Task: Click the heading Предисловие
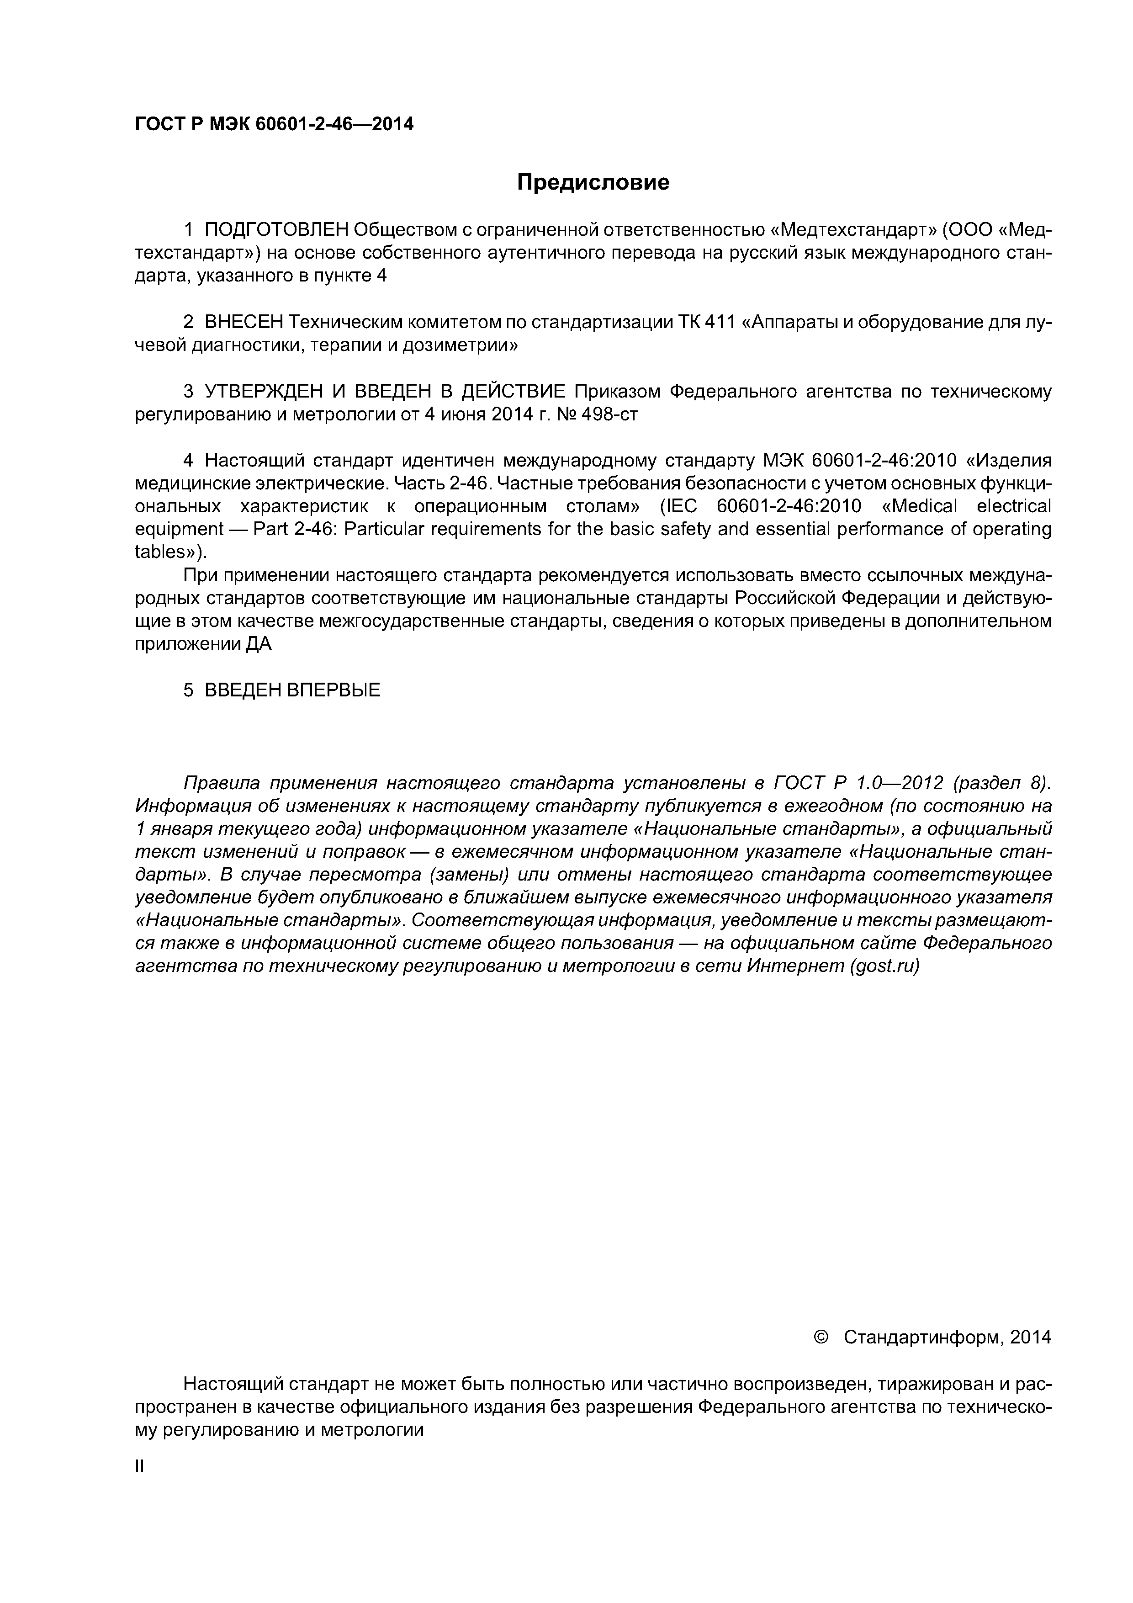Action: [593, 183]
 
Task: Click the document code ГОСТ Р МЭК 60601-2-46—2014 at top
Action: [274, 124]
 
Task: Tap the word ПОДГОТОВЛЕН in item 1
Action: [275, 230]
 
